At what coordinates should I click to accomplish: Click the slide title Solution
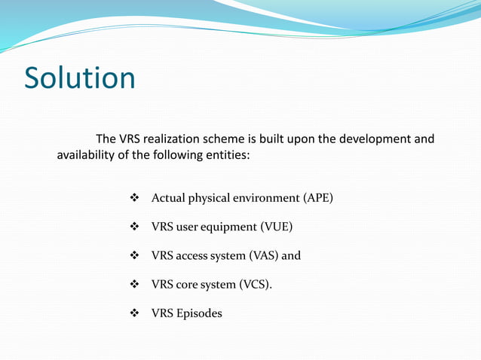(80, 78)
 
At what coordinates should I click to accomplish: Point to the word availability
(87, 156)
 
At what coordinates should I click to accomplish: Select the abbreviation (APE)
(317, 198)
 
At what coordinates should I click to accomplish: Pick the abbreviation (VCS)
(256, 285)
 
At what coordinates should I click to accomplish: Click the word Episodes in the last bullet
(200, 313)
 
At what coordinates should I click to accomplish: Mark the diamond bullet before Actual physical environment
(136, 198)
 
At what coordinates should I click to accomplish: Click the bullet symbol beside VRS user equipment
(136, 227)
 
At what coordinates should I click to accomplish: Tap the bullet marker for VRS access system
(136, 255)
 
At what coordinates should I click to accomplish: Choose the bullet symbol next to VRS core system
(136, 285)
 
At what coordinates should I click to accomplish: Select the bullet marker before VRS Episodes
(136, 313)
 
